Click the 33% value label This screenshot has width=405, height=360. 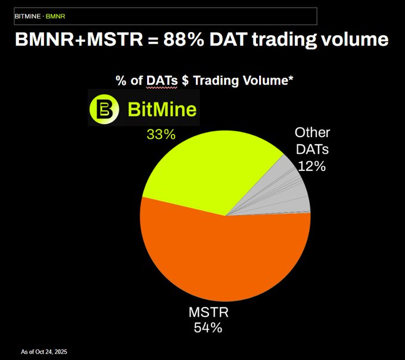(161, 135)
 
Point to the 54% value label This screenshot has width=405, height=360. (208, 327)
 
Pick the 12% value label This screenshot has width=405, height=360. (312, 166)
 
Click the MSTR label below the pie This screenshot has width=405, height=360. (208, 312)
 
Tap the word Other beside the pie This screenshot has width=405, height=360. (313, 132)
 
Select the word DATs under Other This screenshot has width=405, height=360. (313, 149)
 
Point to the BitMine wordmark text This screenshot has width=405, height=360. (161, 109)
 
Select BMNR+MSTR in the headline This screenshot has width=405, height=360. (79, 41)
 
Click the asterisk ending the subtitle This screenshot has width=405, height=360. (291, 78)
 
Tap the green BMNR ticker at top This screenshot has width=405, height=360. (55, 15)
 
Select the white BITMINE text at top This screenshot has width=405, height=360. (27, 15)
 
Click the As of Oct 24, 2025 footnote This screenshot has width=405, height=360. (45, 351)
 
